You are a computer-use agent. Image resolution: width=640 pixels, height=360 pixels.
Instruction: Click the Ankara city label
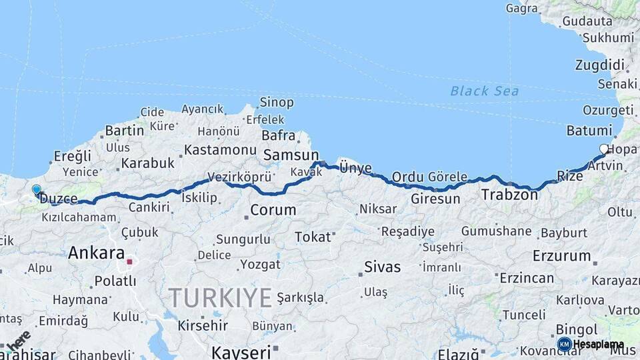[x=97, y=253]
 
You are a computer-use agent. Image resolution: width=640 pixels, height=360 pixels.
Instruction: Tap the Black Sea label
[x=485, y=91]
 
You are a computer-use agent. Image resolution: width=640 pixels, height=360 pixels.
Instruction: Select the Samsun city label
[x=291, y=155]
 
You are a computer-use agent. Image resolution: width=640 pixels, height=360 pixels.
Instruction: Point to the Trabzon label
[x=509, y=195]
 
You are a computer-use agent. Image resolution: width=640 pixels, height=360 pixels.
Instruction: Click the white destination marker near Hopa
[x=604, y=149]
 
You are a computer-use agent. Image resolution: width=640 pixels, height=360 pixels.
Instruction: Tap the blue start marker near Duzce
[x=36, y=190]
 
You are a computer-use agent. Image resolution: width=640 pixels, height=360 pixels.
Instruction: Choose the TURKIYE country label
[x=220, y=297]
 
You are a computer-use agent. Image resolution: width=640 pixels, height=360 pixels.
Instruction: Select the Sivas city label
[x=383, y=267]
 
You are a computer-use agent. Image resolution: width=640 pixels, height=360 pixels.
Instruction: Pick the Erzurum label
[x=562, y=255]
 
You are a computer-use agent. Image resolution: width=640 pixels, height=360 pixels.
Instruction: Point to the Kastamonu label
[x=220, y=149]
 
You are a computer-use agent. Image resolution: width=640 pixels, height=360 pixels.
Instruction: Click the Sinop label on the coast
[x=276, y=102]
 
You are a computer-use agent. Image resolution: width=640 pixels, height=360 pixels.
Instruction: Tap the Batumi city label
[x=589, y=130]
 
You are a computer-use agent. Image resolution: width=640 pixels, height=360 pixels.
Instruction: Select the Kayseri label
[x=241, y=351]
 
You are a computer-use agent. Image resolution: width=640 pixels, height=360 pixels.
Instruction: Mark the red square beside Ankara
[x=129, y=261]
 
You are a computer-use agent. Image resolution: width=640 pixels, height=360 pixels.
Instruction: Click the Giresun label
[x=435, y=199]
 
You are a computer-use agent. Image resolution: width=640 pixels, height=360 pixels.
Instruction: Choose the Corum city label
[x=273, y=210]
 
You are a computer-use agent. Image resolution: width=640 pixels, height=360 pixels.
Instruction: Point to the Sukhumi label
[x=607, y=38]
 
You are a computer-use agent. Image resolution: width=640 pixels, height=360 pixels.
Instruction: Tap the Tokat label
[x=313, y=237]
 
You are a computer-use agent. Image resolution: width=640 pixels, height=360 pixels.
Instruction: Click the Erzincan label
[x=527, y=278]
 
